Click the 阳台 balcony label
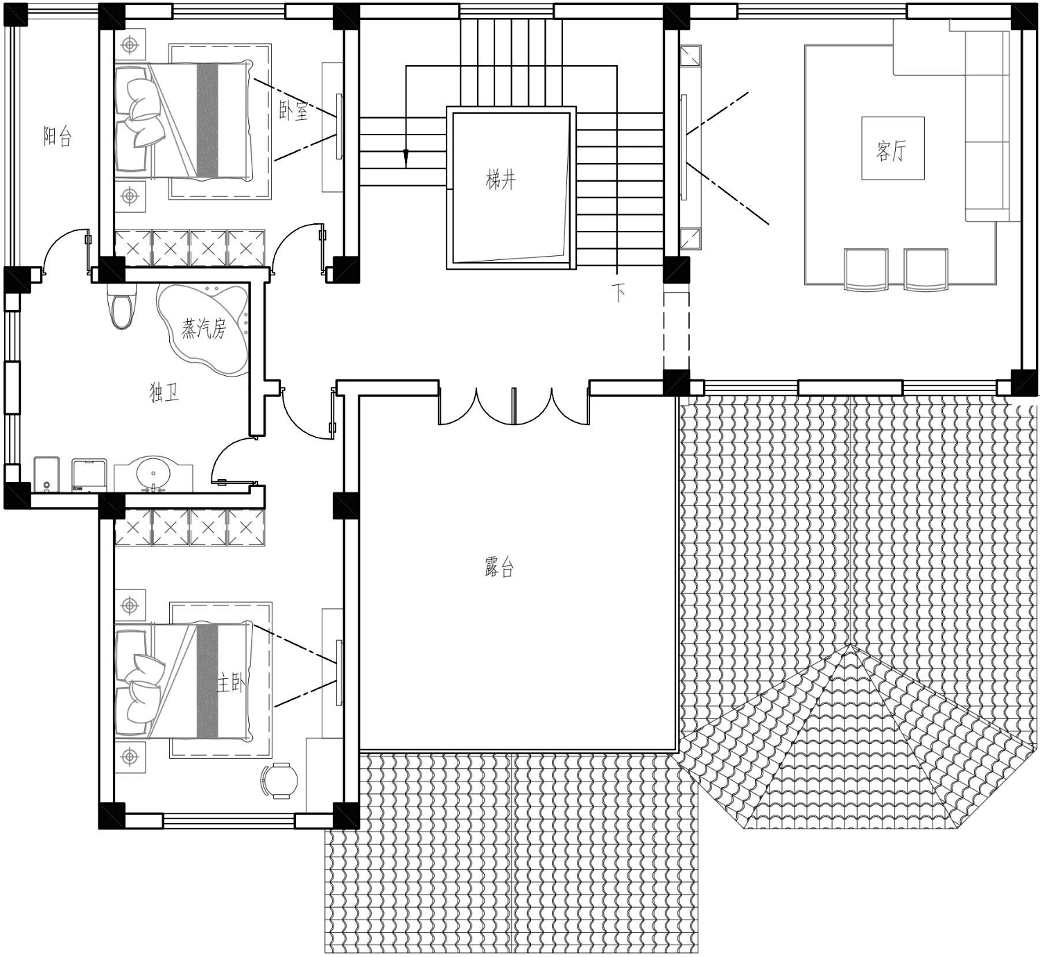(57, 137)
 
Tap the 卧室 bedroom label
(293, 111)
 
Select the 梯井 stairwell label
(501, 180)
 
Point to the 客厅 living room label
(892, 151)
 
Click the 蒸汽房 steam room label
(203, 328)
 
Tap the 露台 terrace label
(499, 567)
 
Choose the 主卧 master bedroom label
(230, 684)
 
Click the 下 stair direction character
(618, 293)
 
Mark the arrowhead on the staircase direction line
(406, 158)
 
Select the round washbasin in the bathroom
(153, 472)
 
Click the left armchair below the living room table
(866, 269)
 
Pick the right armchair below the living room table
(926, 269)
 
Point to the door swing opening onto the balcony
(64, 252)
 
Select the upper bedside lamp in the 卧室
(130, 45)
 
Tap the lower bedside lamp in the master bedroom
(130, 757)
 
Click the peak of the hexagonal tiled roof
(850, 645)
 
